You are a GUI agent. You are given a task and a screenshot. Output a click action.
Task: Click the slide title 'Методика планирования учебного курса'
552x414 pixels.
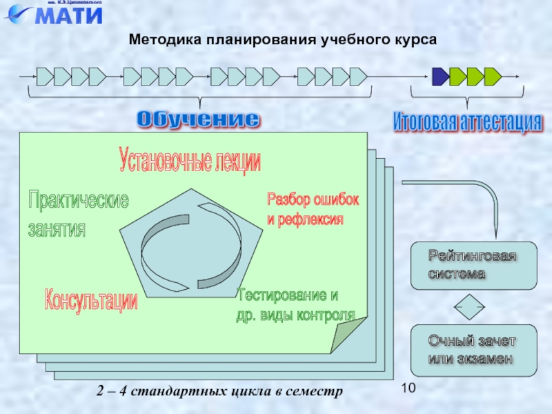coord(283,41)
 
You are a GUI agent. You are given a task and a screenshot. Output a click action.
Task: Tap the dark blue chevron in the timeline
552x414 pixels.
coord(440,76)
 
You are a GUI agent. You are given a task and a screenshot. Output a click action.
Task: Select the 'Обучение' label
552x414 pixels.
coord(198,119)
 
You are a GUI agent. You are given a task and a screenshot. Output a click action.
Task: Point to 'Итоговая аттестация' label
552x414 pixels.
coord(467,122)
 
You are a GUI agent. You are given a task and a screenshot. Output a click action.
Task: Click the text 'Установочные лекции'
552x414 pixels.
coord(190,161)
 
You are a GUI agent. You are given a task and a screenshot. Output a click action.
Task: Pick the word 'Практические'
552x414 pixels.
coord(78,201)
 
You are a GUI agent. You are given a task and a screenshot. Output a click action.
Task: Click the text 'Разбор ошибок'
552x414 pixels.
coord(313,200)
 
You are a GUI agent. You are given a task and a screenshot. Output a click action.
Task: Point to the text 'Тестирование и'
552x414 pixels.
coord(288,295)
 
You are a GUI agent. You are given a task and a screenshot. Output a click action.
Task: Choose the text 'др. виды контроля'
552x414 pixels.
coord(295,315)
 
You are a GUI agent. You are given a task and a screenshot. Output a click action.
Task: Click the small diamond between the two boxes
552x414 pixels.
coord(469,307)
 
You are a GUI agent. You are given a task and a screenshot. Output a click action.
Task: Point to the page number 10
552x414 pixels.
coord(408,390)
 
